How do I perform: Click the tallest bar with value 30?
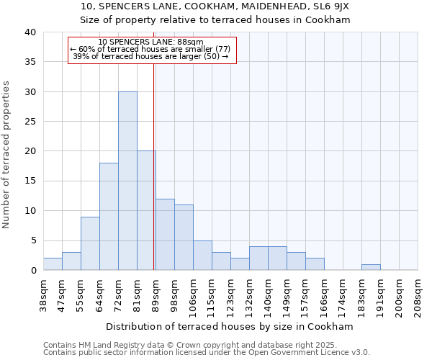tap(127, 181)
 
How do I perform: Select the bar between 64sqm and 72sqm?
tap(109, 216)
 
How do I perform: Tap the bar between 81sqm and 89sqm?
tap(146, 210)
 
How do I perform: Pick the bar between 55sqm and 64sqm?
tap(90, 243)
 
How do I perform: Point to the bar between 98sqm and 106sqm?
tap(184, 237)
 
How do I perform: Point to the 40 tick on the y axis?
tap(30, 32)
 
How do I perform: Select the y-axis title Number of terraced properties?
tap(7, 155)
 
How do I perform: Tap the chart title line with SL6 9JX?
tap(216, 6)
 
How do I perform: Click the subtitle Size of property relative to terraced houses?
tap(216, 19)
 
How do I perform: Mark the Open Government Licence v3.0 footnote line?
tap(207, 352)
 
